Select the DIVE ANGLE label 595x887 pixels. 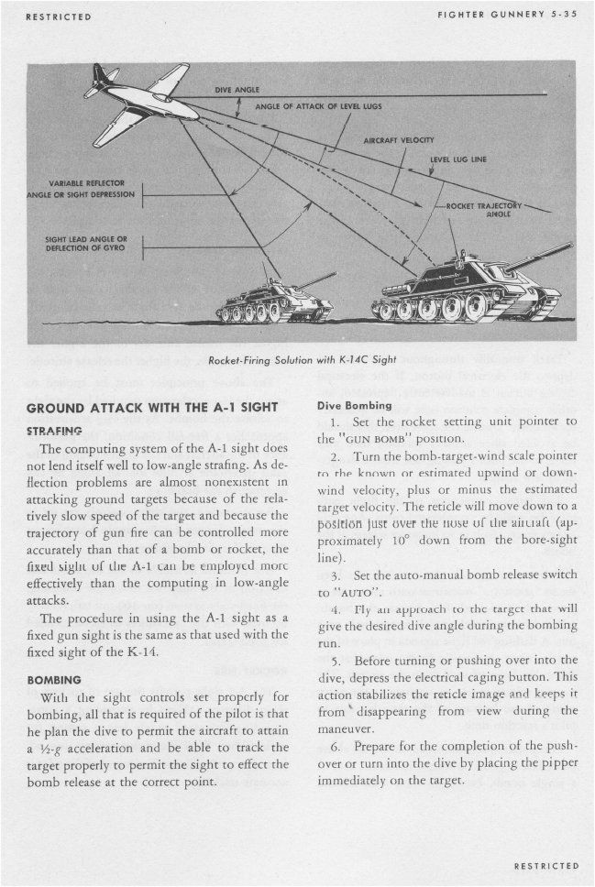point(237,90)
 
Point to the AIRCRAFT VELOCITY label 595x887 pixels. point(397,141)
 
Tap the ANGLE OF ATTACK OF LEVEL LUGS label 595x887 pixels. point(318,106)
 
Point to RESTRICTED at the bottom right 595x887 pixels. point(545,865)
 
